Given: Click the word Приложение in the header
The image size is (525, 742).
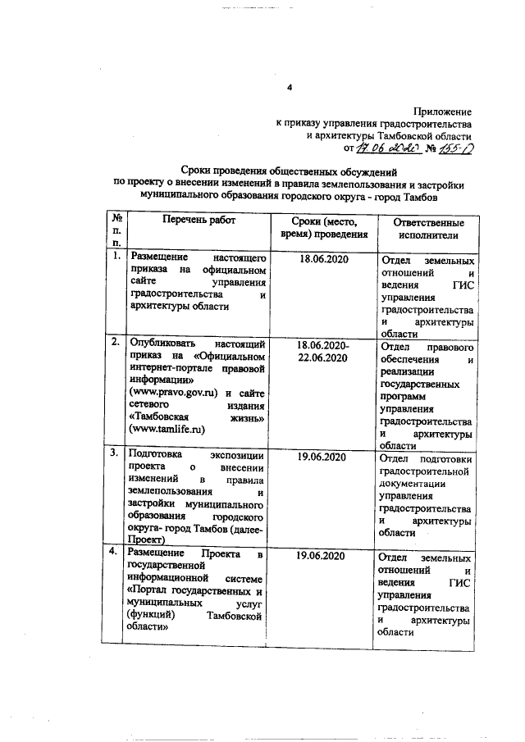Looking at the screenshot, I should click(x=443, y=110).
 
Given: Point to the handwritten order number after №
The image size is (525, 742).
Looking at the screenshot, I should click(x=452, y=149).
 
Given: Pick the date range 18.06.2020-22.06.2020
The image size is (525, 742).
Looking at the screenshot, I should click(x=323, y=354).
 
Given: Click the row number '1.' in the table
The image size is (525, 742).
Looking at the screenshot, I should click(x=116, y=258).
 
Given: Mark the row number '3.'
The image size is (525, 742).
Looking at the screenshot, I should click(x=116, y=452).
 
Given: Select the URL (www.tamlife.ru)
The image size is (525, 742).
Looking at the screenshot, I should click(x=167, y=428).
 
